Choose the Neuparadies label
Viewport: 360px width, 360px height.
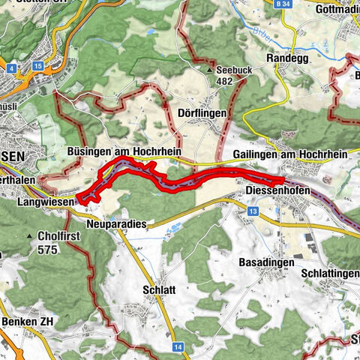tap(116, 223)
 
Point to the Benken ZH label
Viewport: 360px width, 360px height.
tap(28, 321)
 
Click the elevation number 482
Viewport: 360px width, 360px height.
tap(228, 81)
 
